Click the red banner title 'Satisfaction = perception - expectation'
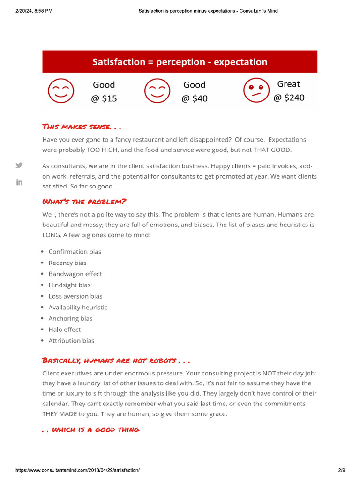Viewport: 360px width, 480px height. point(180,62)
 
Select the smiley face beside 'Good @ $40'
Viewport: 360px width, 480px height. point(157,91)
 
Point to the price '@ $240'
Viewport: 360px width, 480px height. point(289,97)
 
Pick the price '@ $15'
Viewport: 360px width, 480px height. point(104,98)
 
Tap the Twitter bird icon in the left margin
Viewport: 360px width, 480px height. point(19,165)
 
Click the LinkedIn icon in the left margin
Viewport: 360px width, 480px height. point(19,182)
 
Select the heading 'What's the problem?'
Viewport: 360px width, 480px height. point(84,202)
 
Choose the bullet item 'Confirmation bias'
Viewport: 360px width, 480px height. point(75,252)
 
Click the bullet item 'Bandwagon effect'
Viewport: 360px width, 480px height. point(75,274)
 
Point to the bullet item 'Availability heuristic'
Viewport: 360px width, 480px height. point(78,307)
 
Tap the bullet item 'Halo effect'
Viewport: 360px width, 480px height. point(64,330)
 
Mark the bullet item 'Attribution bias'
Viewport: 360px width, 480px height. point(71,341)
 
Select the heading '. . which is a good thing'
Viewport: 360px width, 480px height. point(91,429)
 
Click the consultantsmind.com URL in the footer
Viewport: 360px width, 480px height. point(78,470)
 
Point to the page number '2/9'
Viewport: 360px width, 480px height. point(341,470)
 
